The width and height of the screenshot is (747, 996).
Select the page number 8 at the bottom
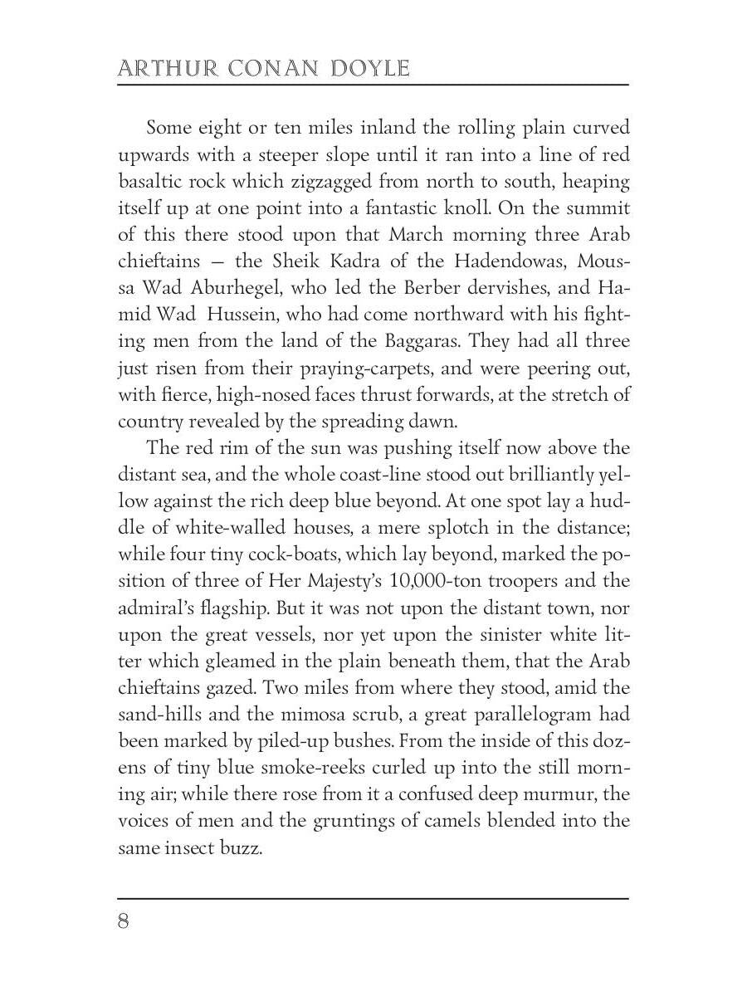(124, 921)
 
